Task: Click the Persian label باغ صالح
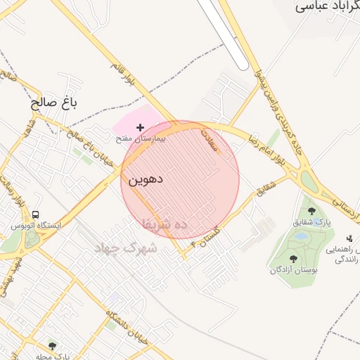coord(53,103)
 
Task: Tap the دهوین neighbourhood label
coord(146,179)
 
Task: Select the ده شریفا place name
coord(165,224)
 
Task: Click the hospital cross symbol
coord(140,127)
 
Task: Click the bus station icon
coord(36,214)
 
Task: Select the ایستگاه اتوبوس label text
coord(36,226)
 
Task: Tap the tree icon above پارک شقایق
coord(311,210)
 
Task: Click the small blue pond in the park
coord(301,237)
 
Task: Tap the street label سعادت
coord(212,136)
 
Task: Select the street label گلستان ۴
coord(207,239)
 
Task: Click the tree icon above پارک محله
coord(51,345)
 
